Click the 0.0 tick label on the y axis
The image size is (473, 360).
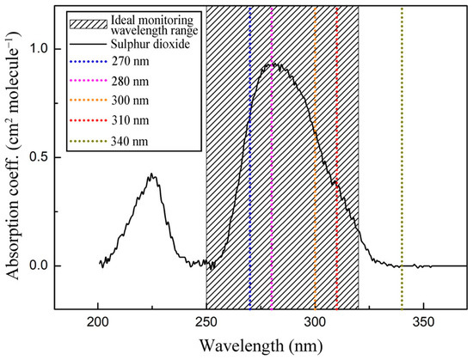(36, 265)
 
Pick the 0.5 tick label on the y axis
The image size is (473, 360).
(36, 157)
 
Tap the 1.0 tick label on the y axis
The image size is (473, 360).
(36, 49)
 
